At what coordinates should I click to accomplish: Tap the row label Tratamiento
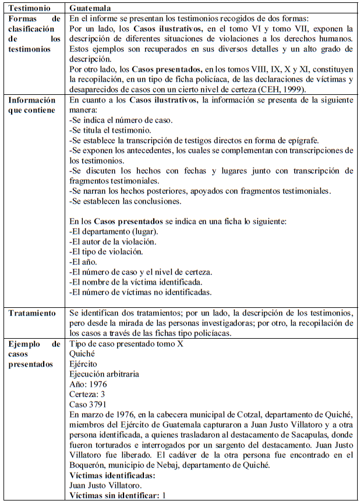(32, 313)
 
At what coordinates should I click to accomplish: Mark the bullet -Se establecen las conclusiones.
(125, 202)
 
